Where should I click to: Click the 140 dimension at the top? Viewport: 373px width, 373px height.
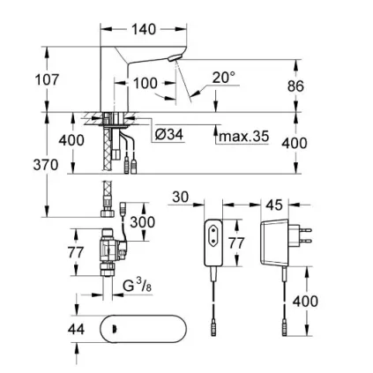coord(143,29)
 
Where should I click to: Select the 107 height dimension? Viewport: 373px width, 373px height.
coord(46,79)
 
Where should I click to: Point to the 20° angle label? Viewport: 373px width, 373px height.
coord(224,78)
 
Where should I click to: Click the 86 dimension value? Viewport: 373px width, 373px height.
coord(295,86)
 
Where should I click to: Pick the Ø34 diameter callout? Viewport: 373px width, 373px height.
coord(168,135)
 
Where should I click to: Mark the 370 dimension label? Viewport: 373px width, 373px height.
coord(46,165)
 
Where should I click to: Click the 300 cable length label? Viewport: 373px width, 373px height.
coord(142,223)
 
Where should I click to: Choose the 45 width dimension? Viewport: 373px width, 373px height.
coord(274,205)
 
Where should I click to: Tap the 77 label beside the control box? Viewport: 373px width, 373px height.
coord(237,242)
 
